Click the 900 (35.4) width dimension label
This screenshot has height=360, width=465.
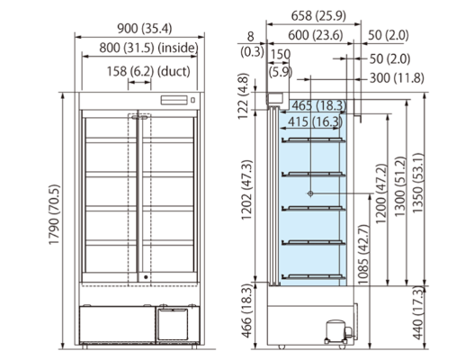click(145, 29)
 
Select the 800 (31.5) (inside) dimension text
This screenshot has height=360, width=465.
click(148, 48)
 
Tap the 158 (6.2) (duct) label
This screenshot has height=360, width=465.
click(148, 71)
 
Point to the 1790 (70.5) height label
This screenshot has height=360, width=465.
click(55, 214)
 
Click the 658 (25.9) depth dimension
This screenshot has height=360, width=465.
click(318, 15)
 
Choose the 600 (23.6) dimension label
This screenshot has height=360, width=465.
click(316, 35)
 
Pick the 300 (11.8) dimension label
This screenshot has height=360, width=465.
click(397, 78)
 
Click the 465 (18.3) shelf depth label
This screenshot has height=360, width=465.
click(319, 105)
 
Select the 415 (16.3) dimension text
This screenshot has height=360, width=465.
click(315, 121)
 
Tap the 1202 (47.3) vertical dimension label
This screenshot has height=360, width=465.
click(247, 190)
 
